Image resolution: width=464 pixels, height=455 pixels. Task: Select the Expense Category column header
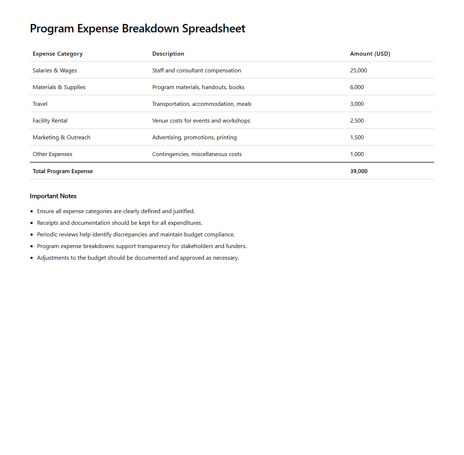[x=58, y=54]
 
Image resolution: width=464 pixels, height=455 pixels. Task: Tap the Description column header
[x=168, y=54]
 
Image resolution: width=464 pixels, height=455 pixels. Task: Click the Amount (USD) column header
[x=370, y=54]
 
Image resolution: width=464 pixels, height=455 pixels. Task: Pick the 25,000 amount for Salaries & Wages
[x=358, y=71]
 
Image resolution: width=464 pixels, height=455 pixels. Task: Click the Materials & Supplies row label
[x=59, y=87]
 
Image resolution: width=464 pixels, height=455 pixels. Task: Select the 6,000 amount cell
[x=357, y=87]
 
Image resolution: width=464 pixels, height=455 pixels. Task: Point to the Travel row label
[x=40, y=104]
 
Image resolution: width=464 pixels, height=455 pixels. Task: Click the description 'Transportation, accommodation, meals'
[x=202, y=104]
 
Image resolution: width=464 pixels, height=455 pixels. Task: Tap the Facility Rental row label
[x=50, y=121]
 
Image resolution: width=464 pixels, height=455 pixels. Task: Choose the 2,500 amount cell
[x=357, y=121]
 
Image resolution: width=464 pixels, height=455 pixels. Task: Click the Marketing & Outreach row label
[x=61, y=137]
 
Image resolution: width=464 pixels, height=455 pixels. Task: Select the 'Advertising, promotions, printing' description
[x=194, y=137]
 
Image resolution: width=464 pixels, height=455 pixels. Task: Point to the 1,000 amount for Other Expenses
[x=357, y=154]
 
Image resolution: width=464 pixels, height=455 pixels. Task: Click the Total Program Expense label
[x=63, y=171]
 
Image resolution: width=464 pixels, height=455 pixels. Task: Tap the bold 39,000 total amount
[x=359, y=171]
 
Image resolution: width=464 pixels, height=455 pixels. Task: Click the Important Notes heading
[x=53, y=196]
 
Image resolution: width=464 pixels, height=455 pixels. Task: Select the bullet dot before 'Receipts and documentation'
[x=32, y=223]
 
